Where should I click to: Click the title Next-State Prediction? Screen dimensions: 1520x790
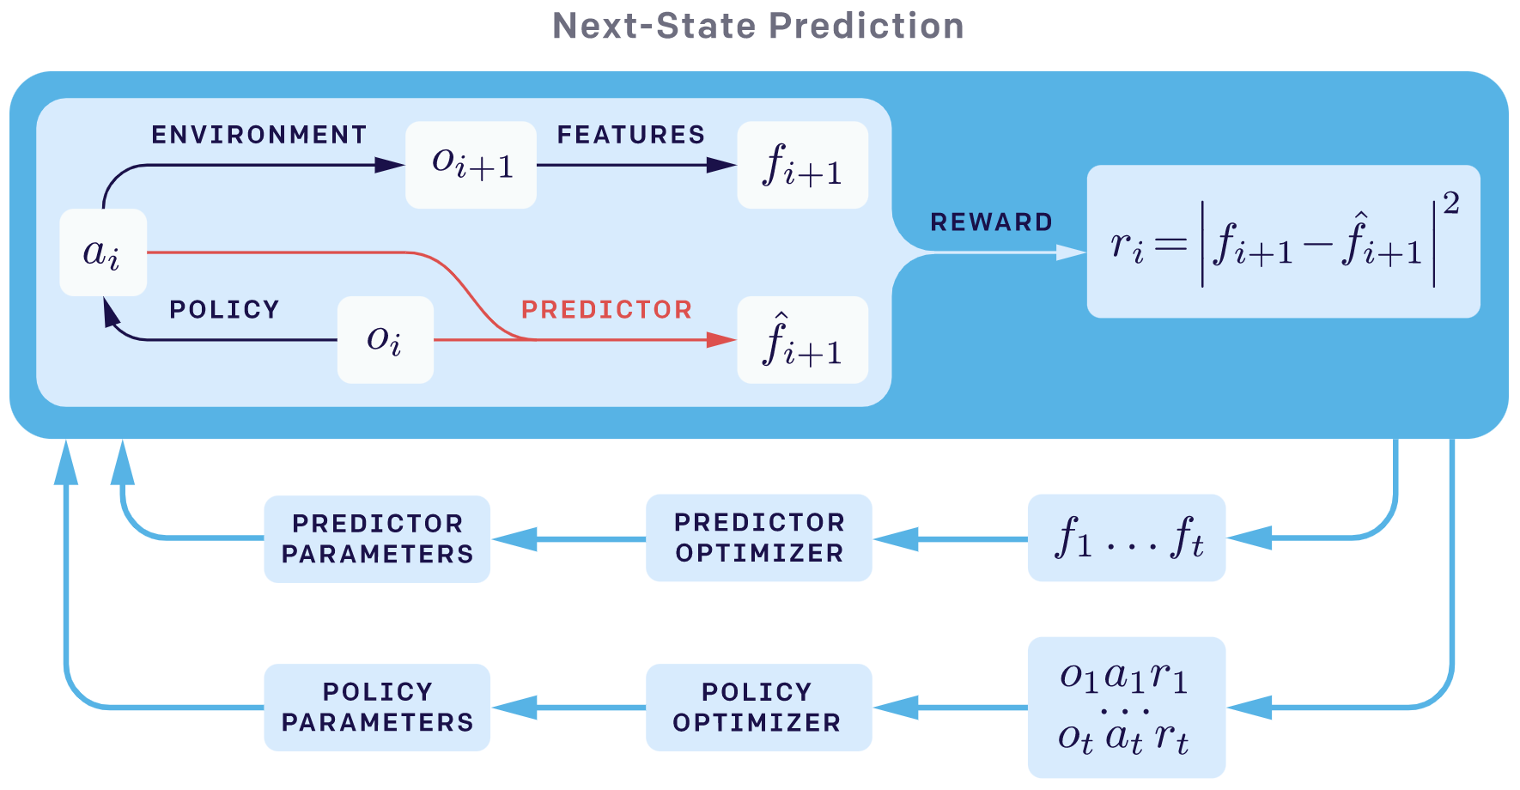pos(758,26)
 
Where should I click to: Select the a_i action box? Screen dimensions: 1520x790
pos(103,252)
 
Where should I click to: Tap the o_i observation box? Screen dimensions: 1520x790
pos(386,340)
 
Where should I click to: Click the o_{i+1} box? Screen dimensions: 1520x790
pos(471,165)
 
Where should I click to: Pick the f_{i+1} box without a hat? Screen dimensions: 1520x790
pos(803,165)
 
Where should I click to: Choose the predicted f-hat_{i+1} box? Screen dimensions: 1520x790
pos(803,340)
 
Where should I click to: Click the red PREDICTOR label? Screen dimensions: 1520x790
pos(607,309)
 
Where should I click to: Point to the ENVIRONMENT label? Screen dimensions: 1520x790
pos(259,135)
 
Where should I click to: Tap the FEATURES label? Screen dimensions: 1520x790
pos(631,135)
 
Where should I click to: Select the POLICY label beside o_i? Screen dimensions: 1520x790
pos(225,309)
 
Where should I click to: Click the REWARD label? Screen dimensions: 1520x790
pos(992,222)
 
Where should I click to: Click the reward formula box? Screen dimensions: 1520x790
pos(1284,241)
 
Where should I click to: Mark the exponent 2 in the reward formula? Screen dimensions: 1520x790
pos(1451,204)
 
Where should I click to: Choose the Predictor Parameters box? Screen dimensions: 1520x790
pos(377,539)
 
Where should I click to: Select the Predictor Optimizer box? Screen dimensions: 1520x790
pos(759,538)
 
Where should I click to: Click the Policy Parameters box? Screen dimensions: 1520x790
pos(377,708)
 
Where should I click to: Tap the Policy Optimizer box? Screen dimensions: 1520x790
pos(759,708)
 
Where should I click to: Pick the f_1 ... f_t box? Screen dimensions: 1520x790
pos(1127,538)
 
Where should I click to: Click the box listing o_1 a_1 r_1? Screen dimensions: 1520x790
pos(1127,708)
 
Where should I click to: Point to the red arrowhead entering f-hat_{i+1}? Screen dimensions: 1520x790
pos(722,340)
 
